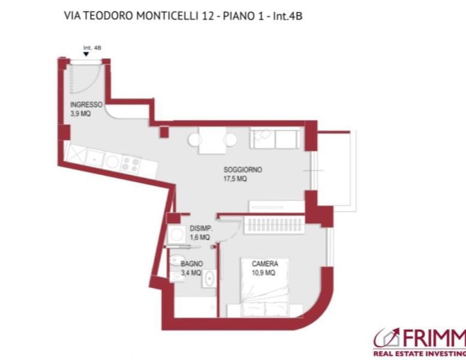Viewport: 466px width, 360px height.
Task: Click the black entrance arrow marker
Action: pos(87,54)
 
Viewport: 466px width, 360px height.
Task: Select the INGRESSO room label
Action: pos(86,104)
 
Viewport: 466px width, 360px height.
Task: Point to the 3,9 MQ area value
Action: pos(80,113)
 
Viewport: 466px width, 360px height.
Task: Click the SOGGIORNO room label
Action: pos(242,170)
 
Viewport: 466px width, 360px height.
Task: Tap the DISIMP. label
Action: pos(200,229)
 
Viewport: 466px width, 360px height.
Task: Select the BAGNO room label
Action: pos(192,263)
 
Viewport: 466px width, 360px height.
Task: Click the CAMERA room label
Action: pos(264,263)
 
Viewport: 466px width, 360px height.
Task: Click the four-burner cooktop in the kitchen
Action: pos(130,163)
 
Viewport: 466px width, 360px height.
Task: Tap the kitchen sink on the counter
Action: pos(95,157)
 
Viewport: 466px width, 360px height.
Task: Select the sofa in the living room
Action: pos(274,139)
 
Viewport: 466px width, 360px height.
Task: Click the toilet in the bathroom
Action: pos(175,262)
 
